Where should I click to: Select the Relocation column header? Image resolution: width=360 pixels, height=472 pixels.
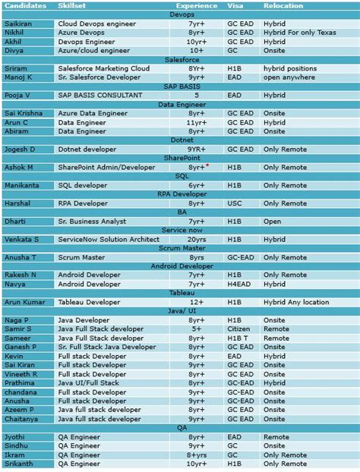pos(283,5)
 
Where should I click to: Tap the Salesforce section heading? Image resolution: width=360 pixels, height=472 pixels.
pos(181,59)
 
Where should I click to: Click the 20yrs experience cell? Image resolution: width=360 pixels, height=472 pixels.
pos(196,239)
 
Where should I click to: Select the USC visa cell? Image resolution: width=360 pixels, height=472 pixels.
pos(233,203)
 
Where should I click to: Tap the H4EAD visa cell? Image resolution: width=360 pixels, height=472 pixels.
pos(238,284)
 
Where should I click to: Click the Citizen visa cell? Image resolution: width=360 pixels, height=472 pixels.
pos(237,329)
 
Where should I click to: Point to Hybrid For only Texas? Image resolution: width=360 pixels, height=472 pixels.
pos(297,33)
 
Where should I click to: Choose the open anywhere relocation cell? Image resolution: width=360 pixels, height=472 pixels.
pos(289,77)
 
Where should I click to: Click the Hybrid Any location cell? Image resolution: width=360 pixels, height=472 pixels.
pos(296,302)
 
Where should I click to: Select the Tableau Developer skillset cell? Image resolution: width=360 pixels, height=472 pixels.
pos(89,302)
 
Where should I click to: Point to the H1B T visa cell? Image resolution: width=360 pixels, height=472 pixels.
pos(235,338)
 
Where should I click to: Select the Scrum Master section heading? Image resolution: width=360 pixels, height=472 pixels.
pos(181,248)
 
